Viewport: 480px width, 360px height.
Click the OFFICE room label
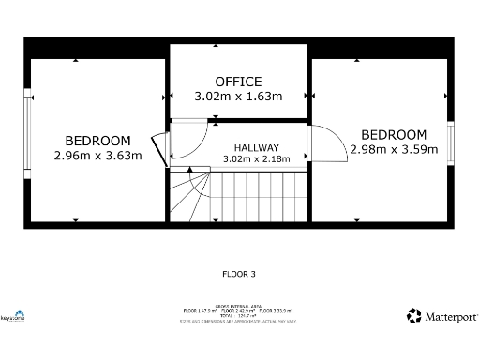click(x=238, y=82)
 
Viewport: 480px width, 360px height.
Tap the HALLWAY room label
click(x=256, y=147)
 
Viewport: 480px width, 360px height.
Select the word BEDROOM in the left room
click(x=97, y=142)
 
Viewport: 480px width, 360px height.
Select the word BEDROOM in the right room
click(x=393, y=135)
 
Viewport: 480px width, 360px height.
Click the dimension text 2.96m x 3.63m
click(x=97, y=156)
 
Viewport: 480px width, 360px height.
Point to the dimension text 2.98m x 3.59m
click(x=393, y=149)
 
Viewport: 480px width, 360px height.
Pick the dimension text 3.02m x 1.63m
click(x=238, y=96)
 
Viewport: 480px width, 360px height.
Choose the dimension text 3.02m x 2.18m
click(x=256, y=159)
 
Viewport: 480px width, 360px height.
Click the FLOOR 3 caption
click(x=238, y=275)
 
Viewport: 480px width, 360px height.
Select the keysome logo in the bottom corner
click(x=13, y=316)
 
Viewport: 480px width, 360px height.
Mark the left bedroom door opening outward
click(x=161, y=147)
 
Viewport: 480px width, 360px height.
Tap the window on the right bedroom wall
click(x=450, y=141)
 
